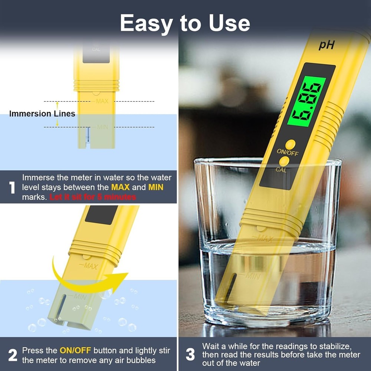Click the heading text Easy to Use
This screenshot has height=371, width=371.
tap(185, 23)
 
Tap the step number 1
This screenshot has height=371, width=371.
tap(12, 187)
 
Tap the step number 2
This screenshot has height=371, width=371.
tap(12, 355)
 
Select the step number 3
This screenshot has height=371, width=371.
tap(190, 355)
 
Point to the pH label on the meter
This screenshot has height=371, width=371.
tap(326, 45)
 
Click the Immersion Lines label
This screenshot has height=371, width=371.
tap(42, 114)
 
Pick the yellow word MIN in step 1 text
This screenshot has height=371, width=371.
tap(156, 187)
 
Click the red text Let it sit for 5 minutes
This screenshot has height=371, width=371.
tap(93, 197)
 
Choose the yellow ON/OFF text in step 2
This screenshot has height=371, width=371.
tap(75, 351)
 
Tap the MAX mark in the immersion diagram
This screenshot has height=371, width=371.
tap(102, 101)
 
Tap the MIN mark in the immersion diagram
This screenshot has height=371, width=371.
tap(103, 127)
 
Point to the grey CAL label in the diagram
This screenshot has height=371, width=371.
tap(96, 49)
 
